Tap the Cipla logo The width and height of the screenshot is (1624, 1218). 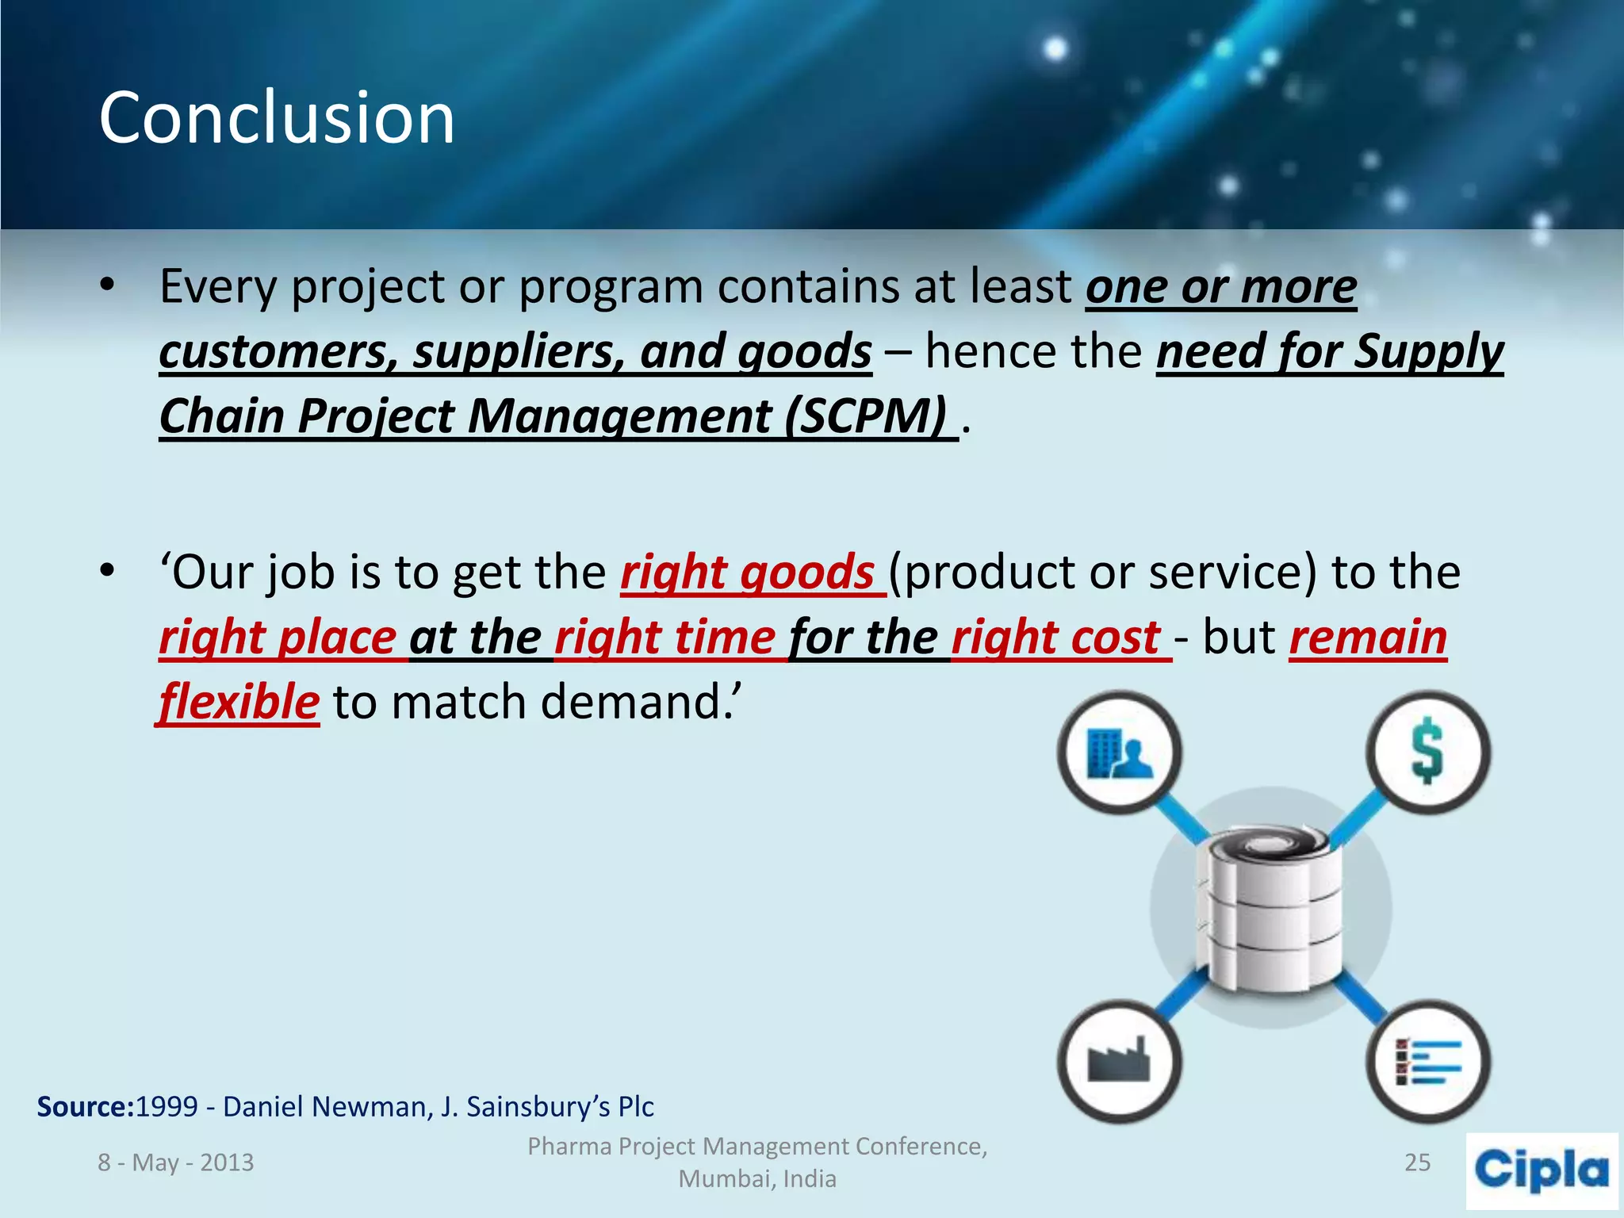[1542, 1170]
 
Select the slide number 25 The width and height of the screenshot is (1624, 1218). [1417, 1162]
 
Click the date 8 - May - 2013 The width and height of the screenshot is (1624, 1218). [175, 1162]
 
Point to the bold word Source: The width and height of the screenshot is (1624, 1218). [86, 1106]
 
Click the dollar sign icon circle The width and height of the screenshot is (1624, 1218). [1427, 751]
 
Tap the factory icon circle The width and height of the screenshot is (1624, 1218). [1119, 1060]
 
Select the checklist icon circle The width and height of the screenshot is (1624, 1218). [1427, 1060]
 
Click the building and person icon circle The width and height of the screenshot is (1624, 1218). [1119, 751]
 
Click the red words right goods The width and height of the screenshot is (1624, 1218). [747, 573]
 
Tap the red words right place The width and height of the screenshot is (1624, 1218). [278, 638]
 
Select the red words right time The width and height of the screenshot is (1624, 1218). [665, 638]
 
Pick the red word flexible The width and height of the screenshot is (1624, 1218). [239, 703]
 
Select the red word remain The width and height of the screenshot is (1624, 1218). [1368, 638]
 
